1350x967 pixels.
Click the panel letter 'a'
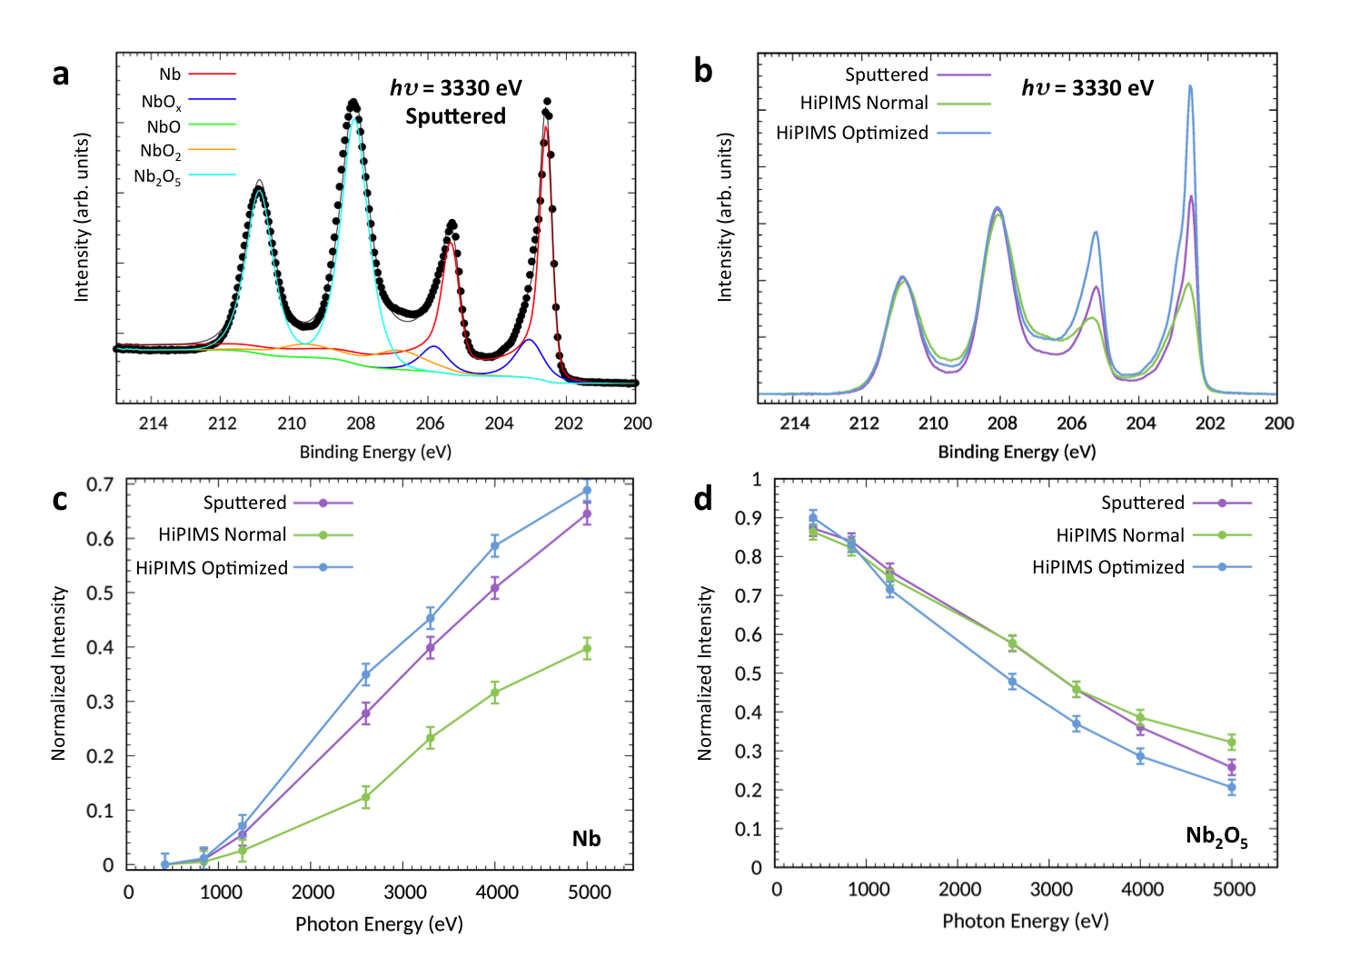61,75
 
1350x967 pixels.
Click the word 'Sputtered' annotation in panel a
455,116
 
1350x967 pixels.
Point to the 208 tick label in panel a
361,424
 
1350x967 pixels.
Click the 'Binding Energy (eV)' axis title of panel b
1017,452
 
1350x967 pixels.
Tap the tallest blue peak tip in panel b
1190,87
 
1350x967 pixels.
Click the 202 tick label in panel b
1210,424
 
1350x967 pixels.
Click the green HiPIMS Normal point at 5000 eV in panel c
587,649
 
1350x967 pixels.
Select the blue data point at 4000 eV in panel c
495,546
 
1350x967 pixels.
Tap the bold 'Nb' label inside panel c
586,838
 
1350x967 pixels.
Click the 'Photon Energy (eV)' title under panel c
379,924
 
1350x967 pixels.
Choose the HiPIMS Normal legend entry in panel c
223,534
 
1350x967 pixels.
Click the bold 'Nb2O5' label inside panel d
1216,836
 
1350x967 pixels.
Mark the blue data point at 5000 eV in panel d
1232,788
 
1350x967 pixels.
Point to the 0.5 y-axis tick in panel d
749,673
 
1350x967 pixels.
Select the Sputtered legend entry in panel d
1143,503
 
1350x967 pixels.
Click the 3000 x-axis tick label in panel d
1051,890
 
